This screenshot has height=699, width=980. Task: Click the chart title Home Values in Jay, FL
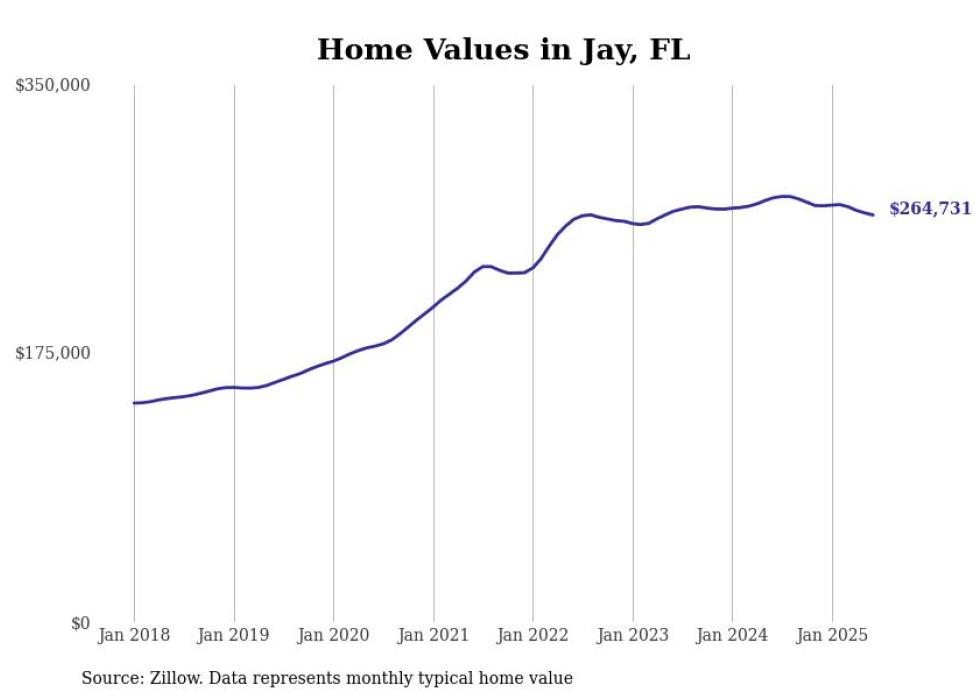[503, 49]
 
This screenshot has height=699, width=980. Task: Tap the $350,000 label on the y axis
[53, 86]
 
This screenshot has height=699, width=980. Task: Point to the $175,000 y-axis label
[53, 353]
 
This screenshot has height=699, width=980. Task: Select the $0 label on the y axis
[80, 623]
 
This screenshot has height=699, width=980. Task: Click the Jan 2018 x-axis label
[134, 635]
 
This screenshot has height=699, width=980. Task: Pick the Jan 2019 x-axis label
[234, 635]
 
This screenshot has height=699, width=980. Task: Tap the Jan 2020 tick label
[333, 635]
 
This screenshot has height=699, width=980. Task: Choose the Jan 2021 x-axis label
[433, 635]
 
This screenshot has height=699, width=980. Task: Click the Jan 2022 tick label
[533, 635]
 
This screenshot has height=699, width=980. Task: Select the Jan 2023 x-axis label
[632, 635]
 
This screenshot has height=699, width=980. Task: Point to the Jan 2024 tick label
[732, 635]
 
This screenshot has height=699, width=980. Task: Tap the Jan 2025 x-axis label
[832, 635]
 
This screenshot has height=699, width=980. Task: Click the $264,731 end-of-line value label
[929, 209]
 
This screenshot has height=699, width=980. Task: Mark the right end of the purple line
[873, 214]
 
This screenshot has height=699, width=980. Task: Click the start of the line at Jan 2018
[134, 403]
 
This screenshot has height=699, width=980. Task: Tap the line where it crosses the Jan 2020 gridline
[333, 360]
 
